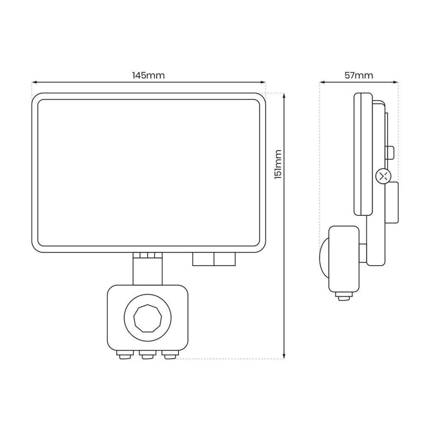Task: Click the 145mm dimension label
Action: [148, 75]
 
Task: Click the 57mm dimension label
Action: [359, 75]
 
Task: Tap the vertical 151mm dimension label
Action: [278, 164]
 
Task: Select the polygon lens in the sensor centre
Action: [148, 319]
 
